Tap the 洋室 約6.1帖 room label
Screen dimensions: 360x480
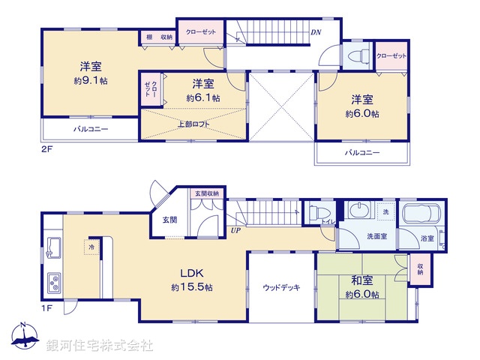[x=203, y=90]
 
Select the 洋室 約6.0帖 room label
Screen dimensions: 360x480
[x=362, y=106]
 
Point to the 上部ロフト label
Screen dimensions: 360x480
[x=193, y=124]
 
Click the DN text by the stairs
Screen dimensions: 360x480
[x=316, y=33]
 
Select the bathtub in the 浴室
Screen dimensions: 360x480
[x=423, y=214]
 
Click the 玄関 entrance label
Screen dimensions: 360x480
[x=169, y=220]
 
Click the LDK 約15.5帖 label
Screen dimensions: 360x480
[x=192, y=279]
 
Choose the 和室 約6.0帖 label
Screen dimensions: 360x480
[x=362, y=288]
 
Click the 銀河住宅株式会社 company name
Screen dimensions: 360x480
[x=100, y=346]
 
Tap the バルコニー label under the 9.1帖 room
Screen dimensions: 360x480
[x=91, y=129]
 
